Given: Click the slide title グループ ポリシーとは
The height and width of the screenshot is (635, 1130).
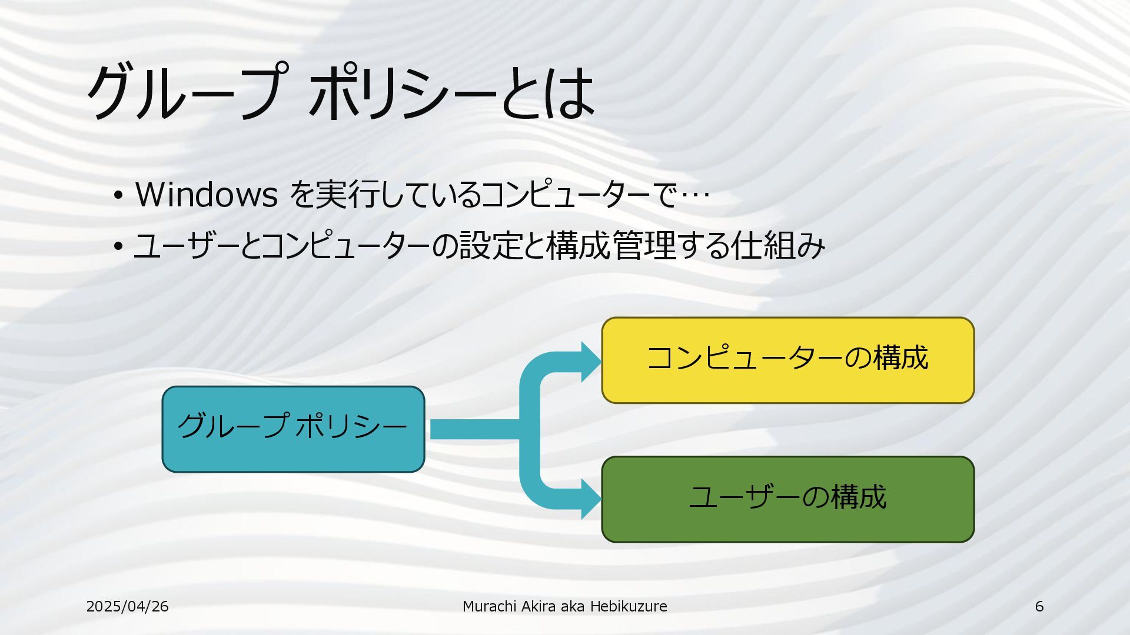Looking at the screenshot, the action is tap(340, 92).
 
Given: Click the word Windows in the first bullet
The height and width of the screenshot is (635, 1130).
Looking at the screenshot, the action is tap(206, 194).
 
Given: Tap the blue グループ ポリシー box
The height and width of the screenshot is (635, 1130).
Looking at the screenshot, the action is tap(293, 429).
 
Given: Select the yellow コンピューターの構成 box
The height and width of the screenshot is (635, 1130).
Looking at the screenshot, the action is tap(787, 360).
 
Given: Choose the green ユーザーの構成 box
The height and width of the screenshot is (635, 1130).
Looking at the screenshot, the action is tap(787, 499).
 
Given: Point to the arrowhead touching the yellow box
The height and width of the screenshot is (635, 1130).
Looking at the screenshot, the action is tap(590, 362).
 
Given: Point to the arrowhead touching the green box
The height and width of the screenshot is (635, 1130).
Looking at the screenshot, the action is tap(590, 499).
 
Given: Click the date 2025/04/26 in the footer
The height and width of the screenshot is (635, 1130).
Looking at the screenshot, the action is tap(127, 606).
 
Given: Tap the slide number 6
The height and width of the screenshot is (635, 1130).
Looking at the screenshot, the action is tap(1039, 606).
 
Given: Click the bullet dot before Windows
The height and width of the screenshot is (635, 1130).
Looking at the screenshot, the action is tap(118, 195).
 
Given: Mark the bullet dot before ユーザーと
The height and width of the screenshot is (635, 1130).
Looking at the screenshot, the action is tap(118, 246).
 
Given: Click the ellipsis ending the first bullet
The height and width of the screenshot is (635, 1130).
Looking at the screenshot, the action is tap(694, 195).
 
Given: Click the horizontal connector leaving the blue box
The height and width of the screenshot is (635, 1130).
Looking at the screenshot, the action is tap(474, 429).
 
